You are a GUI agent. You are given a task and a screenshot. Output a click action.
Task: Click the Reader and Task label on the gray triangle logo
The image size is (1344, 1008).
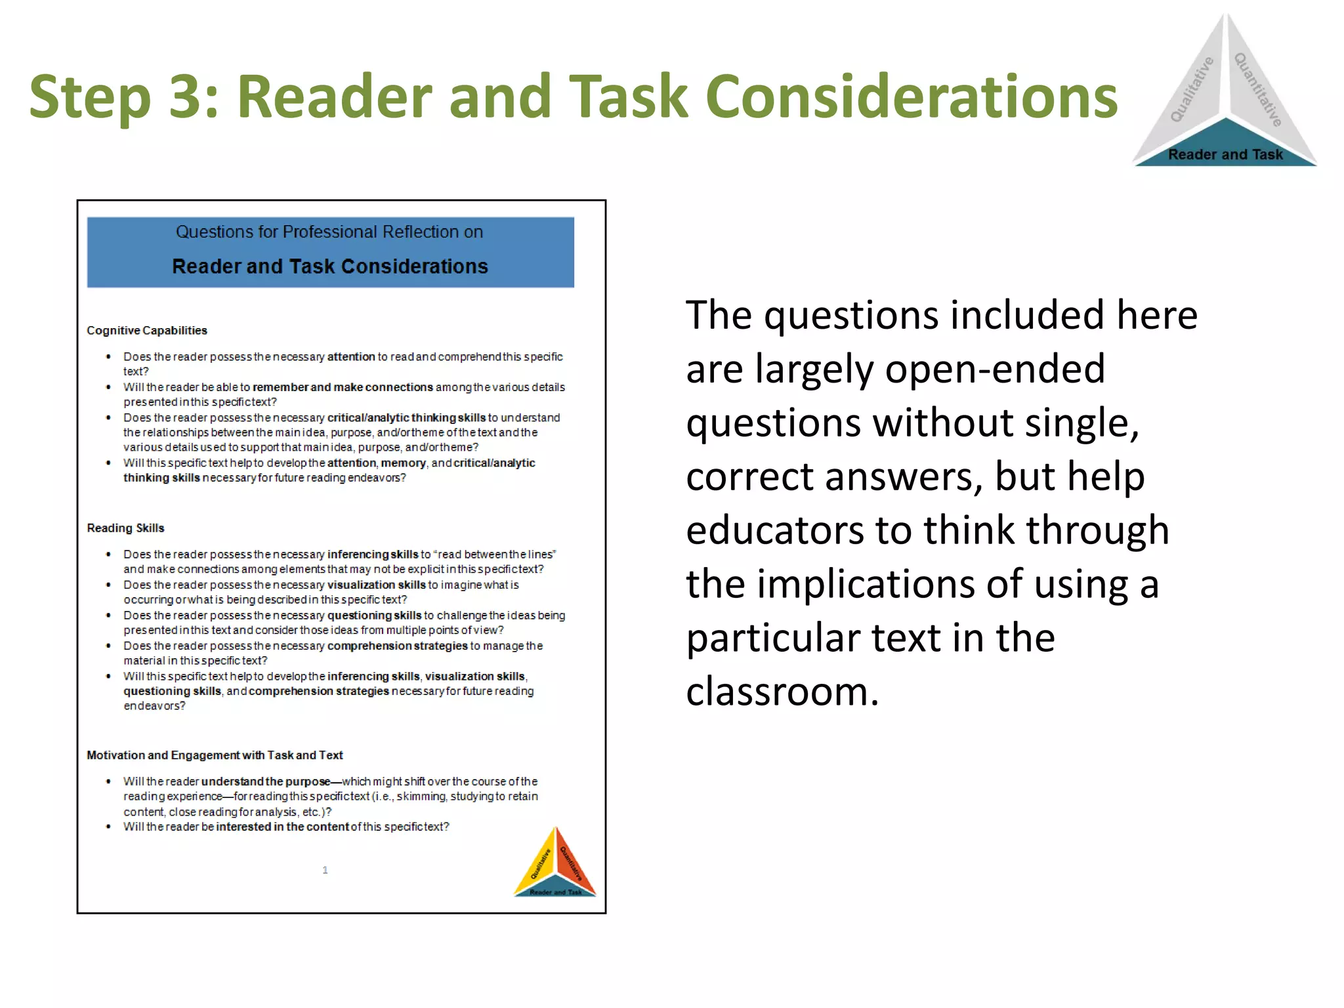(1225, 155)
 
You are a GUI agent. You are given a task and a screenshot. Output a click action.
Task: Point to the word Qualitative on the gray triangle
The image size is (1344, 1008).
(1192, 90)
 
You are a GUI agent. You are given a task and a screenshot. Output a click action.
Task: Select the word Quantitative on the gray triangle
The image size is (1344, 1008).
(1258, 90)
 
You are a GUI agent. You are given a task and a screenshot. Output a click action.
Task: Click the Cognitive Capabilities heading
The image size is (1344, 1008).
(147, 331)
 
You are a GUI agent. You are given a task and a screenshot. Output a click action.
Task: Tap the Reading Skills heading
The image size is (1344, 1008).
(125, 528)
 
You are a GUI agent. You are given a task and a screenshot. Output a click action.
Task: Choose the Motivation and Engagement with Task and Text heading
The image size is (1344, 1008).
(215, 755)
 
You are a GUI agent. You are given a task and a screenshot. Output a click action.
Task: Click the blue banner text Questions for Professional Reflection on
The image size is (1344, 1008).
(329, 232)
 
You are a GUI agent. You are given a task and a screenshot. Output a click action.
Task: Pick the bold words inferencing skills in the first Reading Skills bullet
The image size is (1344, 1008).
(372, 555)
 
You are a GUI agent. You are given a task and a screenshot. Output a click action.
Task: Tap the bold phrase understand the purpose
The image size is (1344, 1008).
(265, 782)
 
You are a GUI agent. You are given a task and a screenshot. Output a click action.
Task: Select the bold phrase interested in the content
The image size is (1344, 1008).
(282, 827)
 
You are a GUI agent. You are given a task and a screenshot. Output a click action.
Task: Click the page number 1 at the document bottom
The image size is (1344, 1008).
(325, 870)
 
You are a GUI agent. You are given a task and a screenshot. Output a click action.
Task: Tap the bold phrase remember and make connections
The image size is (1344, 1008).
(343, 387)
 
